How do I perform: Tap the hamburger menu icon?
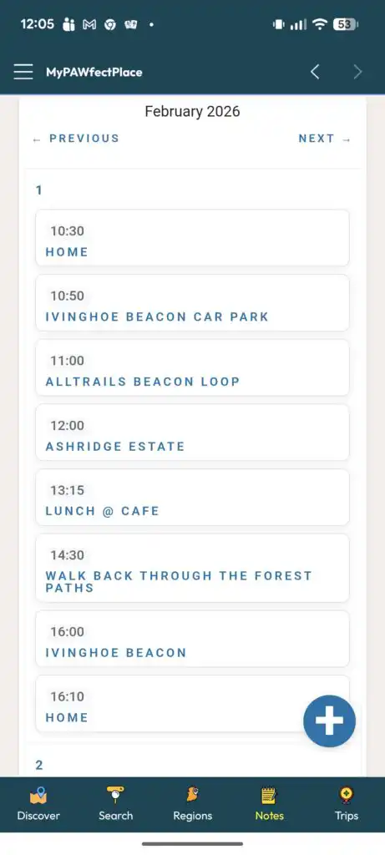point(23,72)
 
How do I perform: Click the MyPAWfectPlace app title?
point(94,72)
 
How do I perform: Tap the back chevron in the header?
point(315,72)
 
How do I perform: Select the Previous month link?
point(76,139)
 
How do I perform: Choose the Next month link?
point(325,139)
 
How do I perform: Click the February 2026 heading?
point(192,111)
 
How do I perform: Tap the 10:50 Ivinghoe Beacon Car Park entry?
point(192,302)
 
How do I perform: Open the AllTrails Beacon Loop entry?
point(192,367)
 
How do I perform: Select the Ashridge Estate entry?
point(192,433)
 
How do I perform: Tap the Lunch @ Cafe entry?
point(192,498)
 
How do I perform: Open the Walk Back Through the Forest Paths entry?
point(192,568)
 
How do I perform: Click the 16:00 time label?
point(68,632)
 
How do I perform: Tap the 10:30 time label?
point(68,231)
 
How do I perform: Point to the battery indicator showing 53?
point(345,24)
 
